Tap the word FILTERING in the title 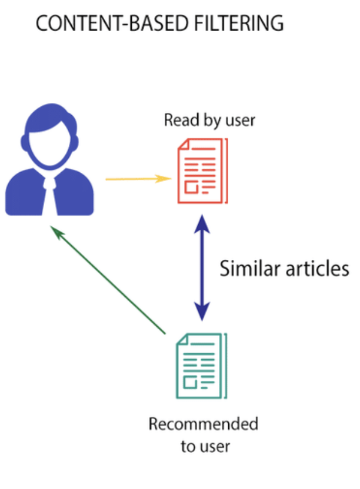tap(239, 23)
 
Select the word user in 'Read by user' tap(240, 121)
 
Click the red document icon tap(202, 171)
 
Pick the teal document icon tap(202, 366)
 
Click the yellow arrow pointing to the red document tap(138, 179)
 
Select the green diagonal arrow tap(108, 280)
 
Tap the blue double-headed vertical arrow tap(202, 267)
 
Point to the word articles tap(317, 268)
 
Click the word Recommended tap(204, 424)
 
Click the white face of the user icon tap(50, 146)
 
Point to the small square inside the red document tap(191, 187)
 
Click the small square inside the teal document tap(190, 383)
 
